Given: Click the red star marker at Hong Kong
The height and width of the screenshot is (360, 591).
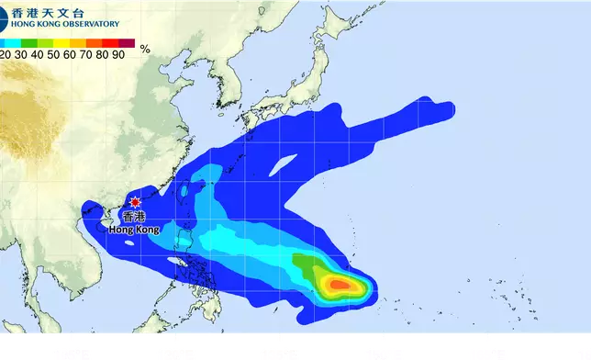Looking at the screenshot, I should pos(136,202).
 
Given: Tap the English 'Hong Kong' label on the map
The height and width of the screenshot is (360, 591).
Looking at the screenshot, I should pos(134,229).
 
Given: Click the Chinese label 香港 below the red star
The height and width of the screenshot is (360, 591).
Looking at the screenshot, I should pos(134,217).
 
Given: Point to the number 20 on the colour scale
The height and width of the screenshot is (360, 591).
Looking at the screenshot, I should pos(6,54).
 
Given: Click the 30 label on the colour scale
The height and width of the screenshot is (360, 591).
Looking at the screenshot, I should pos(23,54).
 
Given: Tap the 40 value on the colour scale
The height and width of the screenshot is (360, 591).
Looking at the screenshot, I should pos(40,54).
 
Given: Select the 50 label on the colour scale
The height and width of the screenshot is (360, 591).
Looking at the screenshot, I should pos(58,54).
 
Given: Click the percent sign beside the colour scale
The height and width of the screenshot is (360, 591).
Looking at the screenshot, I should pos(145,49).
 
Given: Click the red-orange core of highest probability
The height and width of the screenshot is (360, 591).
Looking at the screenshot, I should pos(340,286).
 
